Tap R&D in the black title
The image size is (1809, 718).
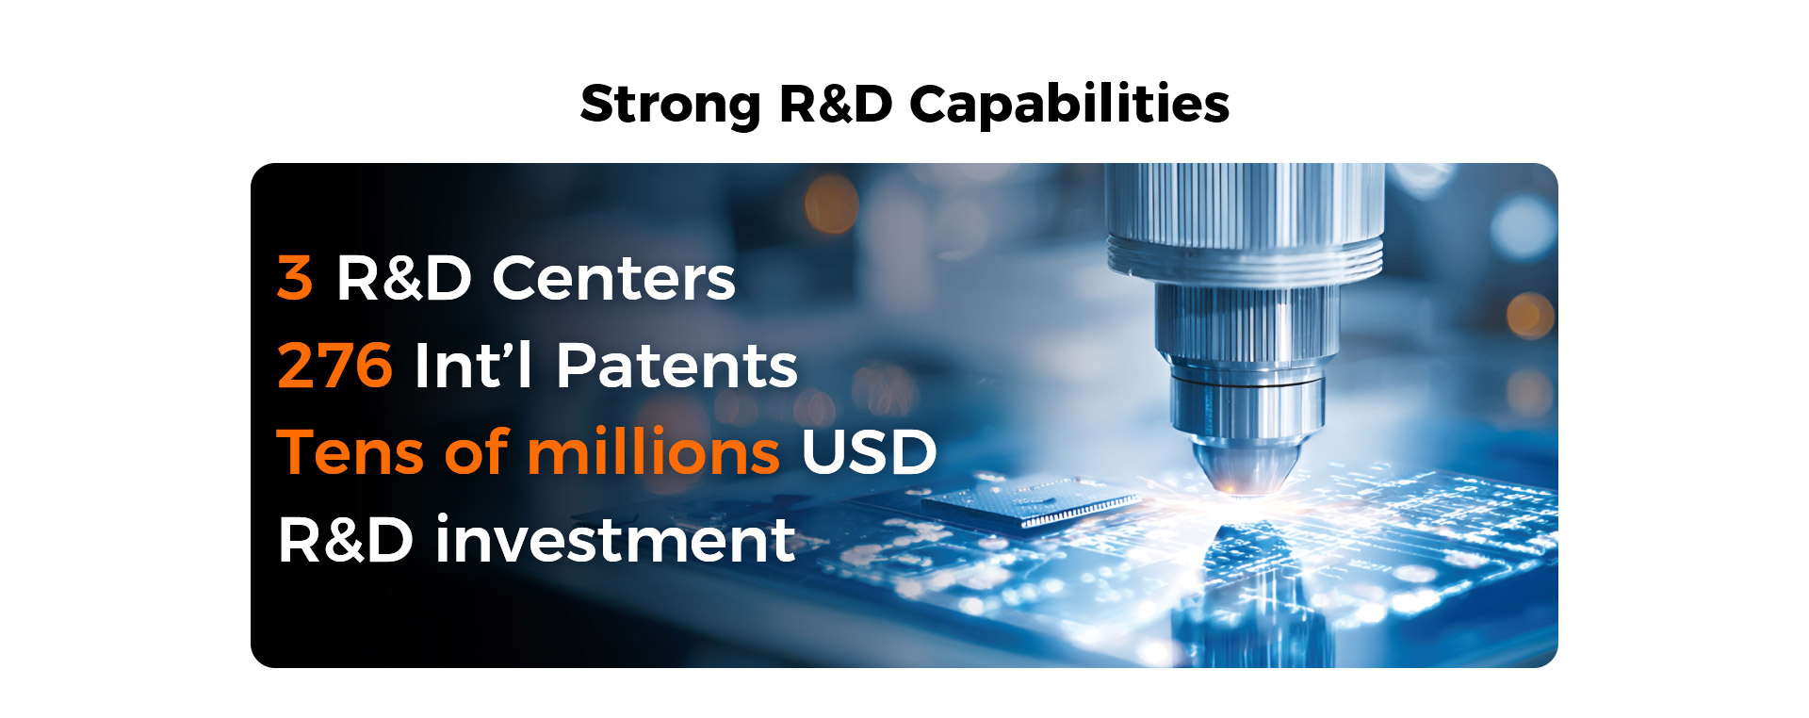836,103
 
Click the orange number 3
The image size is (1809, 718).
294,278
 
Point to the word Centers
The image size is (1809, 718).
613,278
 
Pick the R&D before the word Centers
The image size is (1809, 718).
404,278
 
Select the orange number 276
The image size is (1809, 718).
334,365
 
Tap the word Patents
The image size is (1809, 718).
676,365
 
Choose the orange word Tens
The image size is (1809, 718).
350,451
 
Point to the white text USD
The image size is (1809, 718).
869,451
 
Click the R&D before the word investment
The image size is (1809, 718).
345,540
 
